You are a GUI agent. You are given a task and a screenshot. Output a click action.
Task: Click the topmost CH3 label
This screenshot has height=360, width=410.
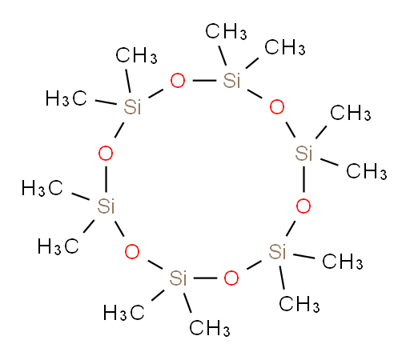(226, 31)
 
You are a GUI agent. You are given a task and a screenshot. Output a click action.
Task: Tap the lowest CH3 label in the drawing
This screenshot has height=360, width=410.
(210, 328)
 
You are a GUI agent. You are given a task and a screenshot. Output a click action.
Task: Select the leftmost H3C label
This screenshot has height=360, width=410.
(42, 188)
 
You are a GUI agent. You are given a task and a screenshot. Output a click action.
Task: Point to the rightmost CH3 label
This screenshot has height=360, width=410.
(367, 171)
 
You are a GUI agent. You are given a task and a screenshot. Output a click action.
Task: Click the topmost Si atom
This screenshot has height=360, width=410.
(231, 80)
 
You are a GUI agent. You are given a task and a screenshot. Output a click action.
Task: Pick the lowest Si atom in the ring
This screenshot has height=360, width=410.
(178, 278)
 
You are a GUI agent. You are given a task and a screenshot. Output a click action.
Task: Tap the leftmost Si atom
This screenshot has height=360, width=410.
(106, 206)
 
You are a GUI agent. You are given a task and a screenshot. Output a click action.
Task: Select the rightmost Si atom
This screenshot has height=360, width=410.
(303, 154)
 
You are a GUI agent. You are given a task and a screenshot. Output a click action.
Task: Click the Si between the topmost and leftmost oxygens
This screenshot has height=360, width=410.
(132, 107)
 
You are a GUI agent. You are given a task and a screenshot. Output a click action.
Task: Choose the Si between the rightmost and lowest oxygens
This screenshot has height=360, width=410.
(277, 251)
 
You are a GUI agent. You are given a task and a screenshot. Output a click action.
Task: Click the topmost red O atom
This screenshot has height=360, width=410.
(178, 81)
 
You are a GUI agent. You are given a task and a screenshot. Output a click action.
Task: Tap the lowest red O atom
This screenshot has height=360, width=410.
(231, 278)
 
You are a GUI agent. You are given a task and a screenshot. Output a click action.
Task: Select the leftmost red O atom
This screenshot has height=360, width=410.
(106, 154)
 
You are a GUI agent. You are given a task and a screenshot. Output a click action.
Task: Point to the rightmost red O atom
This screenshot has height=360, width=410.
(303, 206)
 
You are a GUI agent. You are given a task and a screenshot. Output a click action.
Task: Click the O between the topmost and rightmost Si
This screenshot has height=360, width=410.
(277, 107)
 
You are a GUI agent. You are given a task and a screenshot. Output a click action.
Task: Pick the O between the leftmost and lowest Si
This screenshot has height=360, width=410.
(132, 252)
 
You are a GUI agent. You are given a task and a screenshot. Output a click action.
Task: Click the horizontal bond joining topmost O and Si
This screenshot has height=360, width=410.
(204, 80)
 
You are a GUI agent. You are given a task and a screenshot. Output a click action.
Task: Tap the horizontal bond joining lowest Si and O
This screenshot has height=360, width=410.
(205, 278)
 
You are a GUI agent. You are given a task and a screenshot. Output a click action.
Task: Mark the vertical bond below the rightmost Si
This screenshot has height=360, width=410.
(303, 179)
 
